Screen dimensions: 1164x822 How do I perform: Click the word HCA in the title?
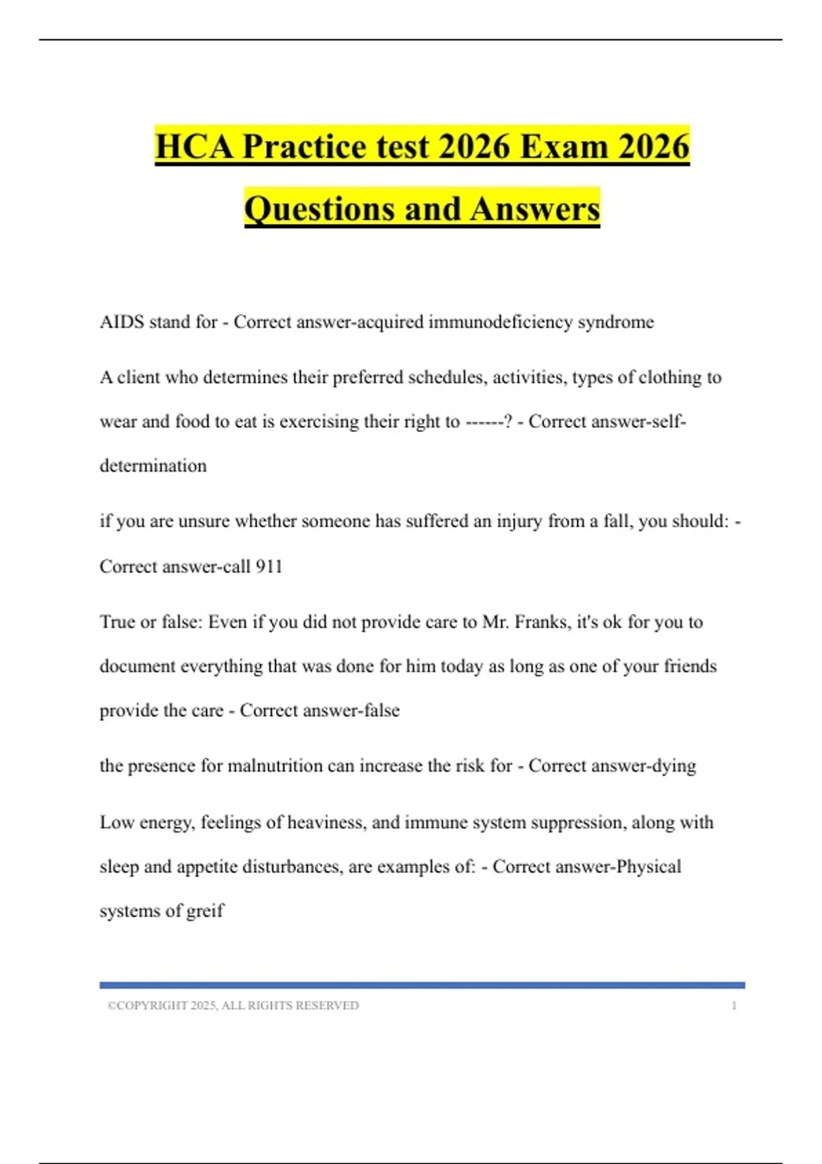pyautogui.click(x=195, y=147)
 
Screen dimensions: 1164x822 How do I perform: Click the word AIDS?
pyautogui.click(x=121, y=322)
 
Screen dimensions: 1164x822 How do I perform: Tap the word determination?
pyautogui.click(x=153, y=466)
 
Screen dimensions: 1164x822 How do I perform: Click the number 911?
pyautogui.click(x=269, y=566)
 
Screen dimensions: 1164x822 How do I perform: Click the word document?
pyautogui.click(x=137, y=666)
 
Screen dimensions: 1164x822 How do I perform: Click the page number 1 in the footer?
pyautogui.click(x=734, y=1006)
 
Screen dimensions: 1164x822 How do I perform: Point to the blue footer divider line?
pyautogui.click(x=422, y=985)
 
